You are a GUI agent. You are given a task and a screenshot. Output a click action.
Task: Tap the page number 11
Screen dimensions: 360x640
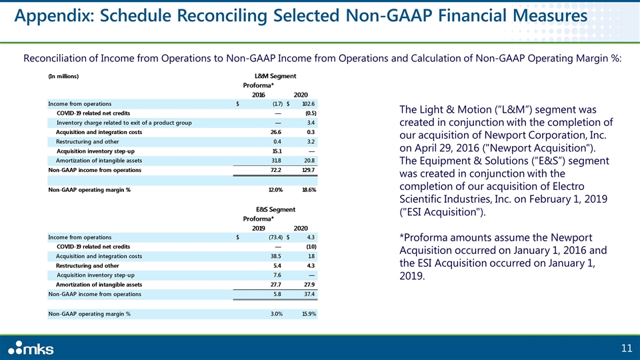(x=626, y=347)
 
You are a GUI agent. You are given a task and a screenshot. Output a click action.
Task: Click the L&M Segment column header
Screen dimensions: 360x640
(x=276, y=76)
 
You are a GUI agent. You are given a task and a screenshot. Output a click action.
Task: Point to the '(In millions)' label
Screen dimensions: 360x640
(x=63, y=76)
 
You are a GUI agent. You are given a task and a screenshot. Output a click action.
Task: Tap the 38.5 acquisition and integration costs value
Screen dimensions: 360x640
(x=275, y=256)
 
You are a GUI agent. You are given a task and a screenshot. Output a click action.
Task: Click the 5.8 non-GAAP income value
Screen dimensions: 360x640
(x=276, y=294)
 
